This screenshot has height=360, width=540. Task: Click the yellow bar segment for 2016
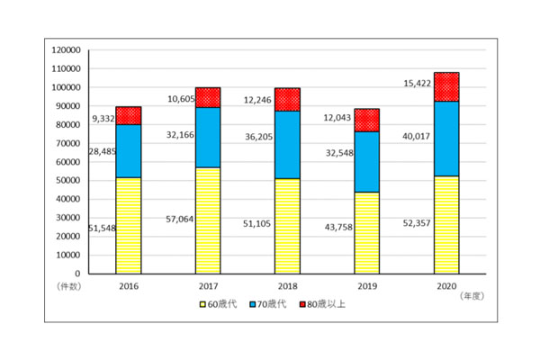click(x=129, y=225)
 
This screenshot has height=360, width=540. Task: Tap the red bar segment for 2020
click(x=446, y=86)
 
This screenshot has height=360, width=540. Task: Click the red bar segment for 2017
click(x=208, y=97)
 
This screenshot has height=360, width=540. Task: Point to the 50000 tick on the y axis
click(x=70, y=180)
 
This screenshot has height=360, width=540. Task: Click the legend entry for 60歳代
click(x=220, y=304)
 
